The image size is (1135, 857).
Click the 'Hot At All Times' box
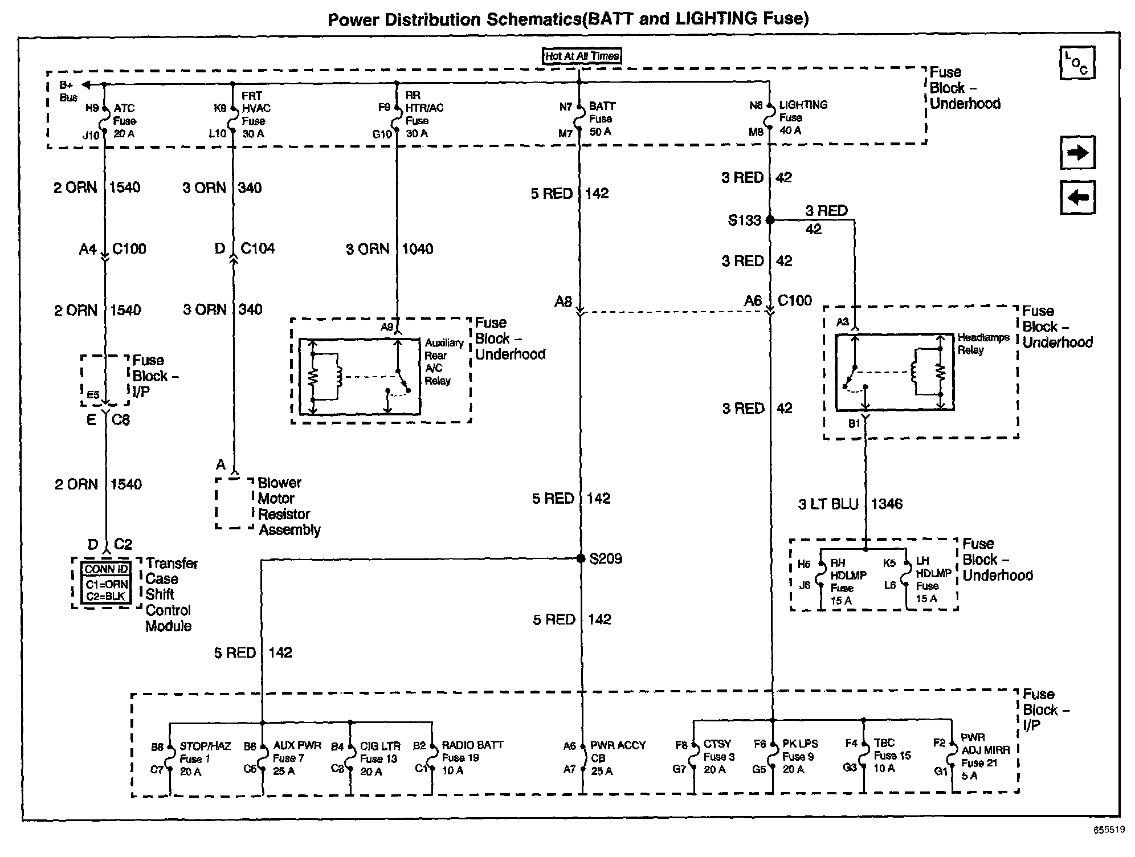coord(581,56)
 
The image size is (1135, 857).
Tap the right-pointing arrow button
coord(1077,153)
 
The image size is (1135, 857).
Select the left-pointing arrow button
coord(1077,198)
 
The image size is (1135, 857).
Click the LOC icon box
coord(1076,63)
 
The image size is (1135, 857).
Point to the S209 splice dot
coord(581,558)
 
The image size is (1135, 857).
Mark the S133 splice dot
coord(770,219)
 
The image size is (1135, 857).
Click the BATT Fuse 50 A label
coord(601,119)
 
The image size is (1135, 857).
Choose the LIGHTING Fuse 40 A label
coord(802,117)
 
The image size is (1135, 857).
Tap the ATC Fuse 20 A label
coord(124,121)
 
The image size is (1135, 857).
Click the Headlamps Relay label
coord(983,344)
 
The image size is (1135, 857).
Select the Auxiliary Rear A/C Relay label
coord(443,361)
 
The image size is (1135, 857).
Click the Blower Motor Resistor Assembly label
coord(288,506)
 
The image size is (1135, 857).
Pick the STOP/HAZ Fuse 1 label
coord(204,758)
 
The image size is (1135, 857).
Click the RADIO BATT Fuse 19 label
coord(472,758)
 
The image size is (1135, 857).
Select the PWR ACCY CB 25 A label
coord(617,758)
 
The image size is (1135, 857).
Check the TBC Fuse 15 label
coord(892,756)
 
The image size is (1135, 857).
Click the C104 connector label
coord(258,248)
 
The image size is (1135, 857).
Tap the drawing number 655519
coord(1108,830)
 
